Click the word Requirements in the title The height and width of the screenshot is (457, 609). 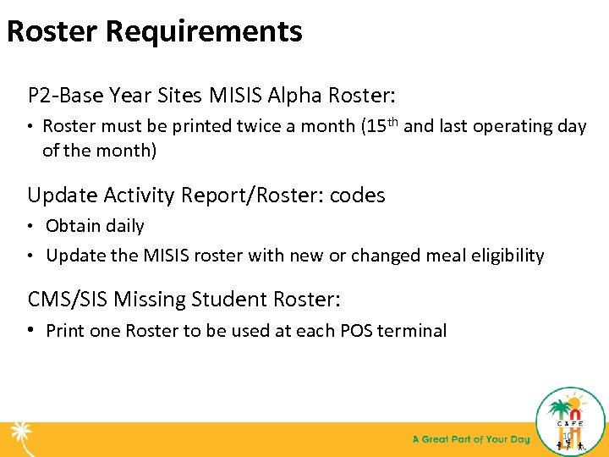click(204, 31)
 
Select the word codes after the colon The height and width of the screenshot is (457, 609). click(357, 195)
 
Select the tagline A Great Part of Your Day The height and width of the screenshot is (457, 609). click(471, 439)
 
